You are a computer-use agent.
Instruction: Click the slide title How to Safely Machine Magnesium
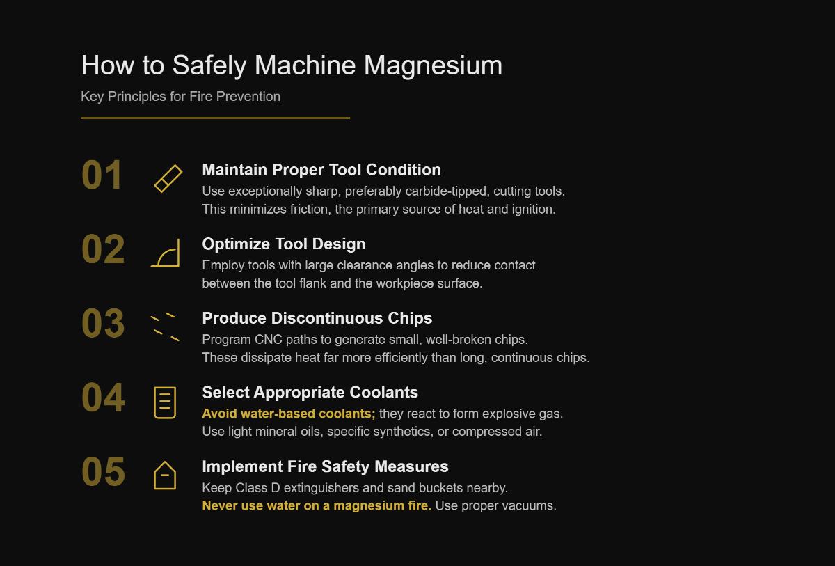pyautogui.click(x=292, y=65)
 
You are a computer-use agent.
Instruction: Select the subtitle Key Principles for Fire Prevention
pyautogui.click(x=180, y=97)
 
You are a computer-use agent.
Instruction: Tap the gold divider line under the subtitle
pyautogui.click(x=215, y=118)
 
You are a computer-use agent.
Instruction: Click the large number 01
pyautogui.click(x=102, y=175)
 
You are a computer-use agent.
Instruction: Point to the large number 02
pyautogui.click(x=103, y=250)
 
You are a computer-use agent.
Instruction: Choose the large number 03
pyautogui.click(x=103, y=324)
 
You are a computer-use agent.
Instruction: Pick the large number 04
pyautogui.click(x=103, y=398)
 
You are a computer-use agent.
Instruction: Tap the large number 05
pyautogui.click(x=103, y=472)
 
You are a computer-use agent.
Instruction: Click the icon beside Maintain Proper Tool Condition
pyautogui.click(x=168, y=179)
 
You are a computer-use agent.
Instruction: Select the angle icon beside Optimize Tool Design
pyautogui.click(x=166, y=253)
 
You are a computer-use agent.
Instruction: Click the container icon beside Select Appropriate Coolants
pyautogui.click(x=165, y=402)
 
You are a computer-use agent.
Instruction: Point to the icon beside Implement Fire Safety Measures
pyautogui.click(x=165, y=475)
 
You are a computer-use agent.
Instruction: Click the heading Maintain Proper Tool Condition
pyautogui.click(x=321, y=170)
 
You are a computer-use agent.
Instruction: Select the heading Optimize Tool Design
pyautogui.click(x=284, y=244)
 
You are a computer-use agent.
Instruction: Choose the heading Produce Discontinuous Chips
pyautogui.click(x=317, y=318)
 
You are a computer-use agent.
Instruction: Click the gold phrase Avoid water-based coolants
pyautogui.click(x=288, y=414)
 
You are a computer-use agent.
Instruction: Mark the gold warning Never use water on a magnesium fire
pyautogui.click(x=317, y=505)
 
